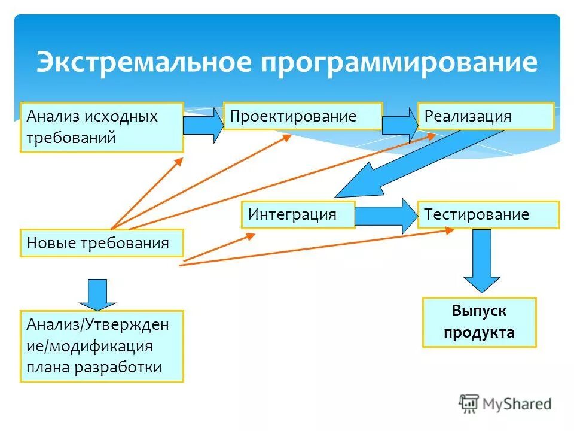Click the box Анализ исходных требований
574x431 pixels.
pyautogui.click(x=102, y=127)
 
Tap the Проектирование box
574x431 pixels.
pyautogui.click(x=303, y=116)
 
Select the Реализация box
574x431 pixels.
pyautogui.click(x=486, y=116)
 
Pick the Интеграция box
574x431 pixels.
pyautogui.click(x=298, y=214)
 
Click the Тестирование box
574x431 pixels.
pyautogui.click(x=488, y=214)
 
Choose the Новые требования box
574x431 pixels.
pyautogui.click(x=102, y=243)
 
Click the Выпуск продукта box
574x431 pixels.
pyautogui.click(x=479, y=322)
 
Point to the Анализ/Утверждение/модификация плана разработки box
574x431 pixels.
pyautogui.click(x=102, y=346)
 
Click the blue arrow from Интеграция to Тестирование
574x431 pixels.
pyautogui.click(x=386, y=215)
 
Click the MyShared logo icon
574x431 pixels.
pyautogui.click(x=469, y=404)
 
